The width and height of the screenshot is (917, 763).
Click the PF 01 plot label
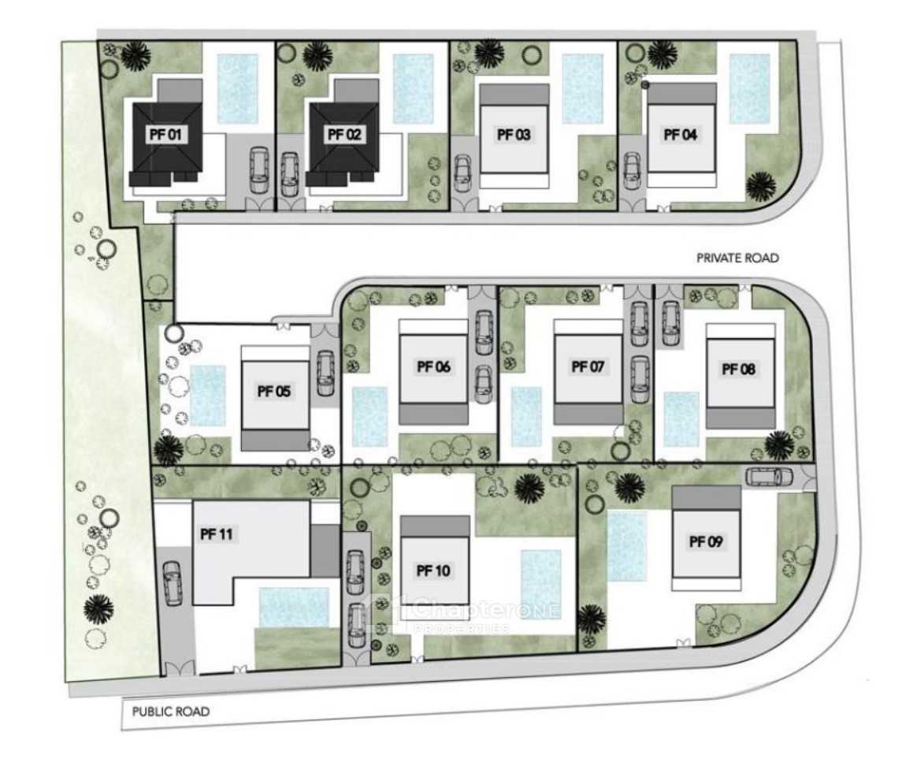[166, 135]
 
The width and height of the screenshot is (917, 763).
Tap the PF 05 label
[273, 390]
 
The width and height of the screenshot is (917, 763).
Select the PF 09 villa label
[706, 542]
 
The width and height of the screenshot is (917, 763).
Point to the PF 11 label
[217, 534]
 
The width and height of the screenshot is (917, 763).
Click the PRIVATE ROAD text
[737, 258]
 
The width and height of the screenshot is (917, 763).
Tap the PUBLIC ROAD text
[171, 712]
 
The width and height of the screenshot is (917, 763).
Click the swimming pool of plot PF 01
[237, 88]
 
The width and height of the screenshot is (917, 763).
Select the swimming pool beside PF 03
[582, 88]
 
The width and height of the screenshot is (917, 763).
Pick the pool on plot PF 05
[208, 396]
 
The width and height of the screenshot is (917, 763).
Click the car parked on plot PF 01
[258, 170]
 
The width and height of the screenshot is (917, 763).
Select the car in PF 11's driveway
[172, 583]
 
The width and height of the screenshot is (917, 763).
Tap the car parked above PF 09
[765, 477]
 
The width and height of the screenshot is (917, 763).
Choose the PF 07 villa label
[587, 367]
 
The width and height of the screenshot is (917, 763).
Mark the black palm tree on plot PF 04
[760, 186]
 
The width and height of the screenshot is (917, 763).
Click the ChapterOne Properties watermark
[465, 612]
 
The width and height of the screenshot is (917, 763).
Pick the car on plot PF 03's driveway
[462, 173]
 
